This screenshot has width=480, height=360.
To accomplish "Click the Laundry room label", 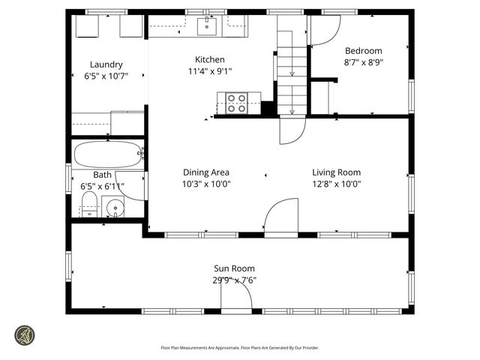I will [x=106, y=64].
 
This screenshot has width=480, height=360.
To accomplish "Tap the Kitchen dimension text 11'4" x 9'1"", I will [x=209, y=72].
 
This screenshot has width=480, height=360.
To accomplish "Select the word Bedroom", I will [x=363, y=51].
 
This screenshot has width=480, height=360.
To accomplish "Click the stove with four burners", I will [x=237, y=103].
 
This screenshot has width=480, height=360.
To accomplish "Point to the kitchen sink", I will [x=207, y=27].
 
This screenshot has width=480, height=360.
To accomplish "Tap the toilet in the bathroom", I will [x=89, y=203].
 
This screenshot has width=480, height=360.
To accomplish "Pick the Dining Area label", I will [x=205, y=172].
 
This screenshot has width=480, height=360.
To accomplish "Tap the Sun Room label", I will [x=234, y=268].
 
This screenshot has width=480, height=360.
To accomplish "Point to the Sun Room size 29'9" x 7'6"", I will [x=234, y=280].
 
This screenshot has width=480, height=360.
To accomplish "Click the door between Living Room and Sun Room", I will [x=280, y=218].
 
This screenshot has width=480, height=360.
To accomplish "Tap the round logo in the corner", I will [x=25, y=334].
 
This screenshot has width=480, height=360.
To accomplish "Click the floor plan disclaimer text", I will [x=240, y=347].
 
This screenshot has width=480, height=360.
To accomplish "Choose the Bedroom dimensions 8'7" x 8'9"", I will [x=363, y=63].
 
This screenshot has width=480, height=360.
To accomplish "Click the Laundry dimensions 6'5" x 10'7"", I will [x=106, y=76].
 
